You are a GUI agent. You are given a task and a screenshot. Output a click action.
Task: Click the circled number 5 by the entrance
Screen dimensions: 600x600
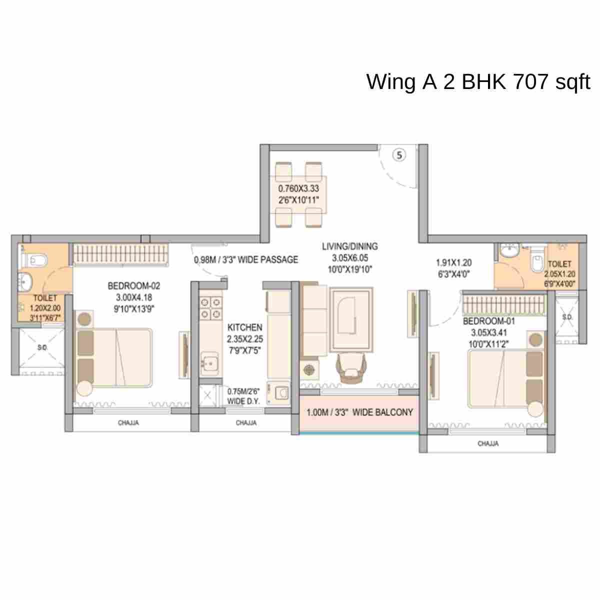click(399, 155)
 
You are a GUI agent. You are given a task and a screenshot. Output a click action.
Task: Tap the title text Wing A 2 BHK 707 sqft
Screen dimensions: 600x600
click(478, 81)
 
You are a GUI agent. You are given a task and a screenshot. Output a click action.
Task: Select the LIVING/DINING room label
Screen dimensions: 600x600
click(350, 246)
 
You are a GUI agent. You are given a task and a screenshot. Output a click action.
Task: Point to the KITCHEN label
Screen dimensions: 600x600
click(244, 327)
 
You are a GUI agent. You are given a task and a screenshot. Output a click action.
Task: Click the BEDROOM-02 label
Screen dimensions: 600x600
click(134, 286)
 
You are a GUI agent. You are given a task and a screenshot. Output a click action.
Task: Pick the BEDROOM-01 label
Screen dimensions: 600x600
click(488, 321)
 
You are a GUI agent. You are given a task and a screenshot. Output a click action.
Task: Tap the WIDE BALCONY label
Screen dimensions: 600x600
click(359, 412)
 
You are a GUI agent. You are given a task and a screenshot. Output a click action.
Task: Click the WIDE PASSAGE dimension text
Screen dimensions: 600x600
click(246, 259)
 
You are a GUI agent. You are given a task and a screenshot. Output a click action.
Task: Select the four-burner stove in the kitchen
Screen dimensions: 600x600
click(210, 308)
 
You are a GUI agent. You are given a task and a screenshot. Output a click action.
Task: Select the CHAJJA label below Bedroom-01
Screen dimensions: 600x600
click(487, 443)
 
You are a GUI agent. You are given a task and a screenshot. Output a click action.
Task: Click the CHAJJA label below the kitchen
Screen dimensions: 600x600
click(246, 423)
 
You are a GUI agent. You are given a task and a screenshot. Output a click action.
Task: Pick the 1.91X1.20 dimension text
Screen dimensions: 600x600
click(453, 262)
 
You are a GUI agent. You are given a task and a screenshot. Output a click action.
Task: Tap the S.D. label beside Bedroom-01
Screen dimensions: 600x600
click(567, 317)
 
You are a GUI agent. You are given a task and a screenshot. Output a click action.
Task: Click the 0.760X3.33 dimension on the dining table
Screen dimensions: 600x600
click(298, 189)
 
